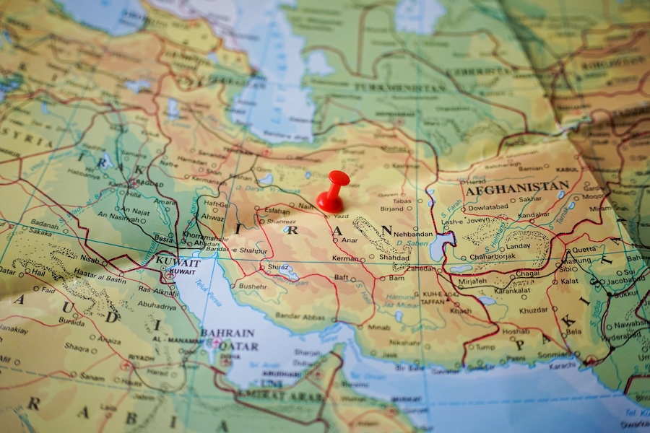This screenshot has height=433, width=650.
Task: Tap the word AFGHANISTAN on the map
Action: [516, 187]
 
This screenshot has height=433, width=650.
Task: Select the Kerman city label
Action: [345, 258]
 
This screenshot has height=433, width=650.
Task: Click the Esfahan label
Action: [278, 211]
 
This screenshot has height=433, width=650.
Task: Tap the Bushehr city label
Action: [252, 286]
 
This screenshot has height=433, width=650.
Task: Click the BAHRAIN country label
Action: [227, 333]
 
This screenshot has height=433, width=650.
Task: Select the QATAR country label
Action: [238, 346]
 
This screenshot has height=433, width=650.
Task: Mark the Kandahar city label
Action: [534, 215]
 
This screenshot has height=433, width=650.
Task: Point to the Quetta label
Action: [584, 250]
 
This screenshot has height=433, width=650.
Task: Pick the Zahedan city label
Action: [421, 268]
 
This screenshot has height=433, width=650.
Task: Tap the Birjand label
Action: [391, 209]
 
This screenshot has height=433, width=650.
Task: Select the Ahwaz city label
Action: [212, 216]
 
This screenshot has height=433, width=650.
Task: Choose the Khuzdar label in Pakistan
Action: [533, 310]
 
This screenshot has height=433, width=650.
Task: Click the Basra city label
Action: [163, 237]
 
